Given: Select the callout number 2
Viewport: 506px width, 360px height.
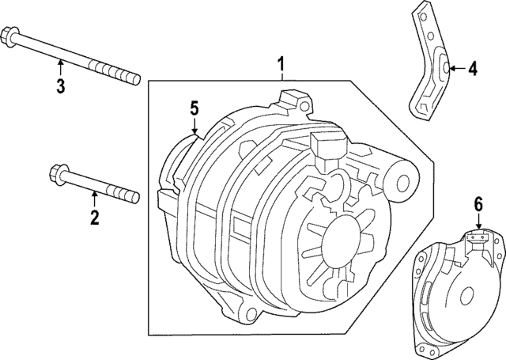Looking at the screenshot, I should tap(94, 218).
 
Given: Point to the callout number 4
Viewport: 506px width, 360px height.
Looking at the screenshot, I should tap(472, 69).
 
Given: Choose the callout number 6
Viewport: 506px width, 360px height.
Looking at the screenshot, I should tap(477, 204).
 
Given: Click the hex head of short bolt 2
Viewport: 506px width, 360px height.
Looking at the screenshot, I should tap(58, 173).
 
